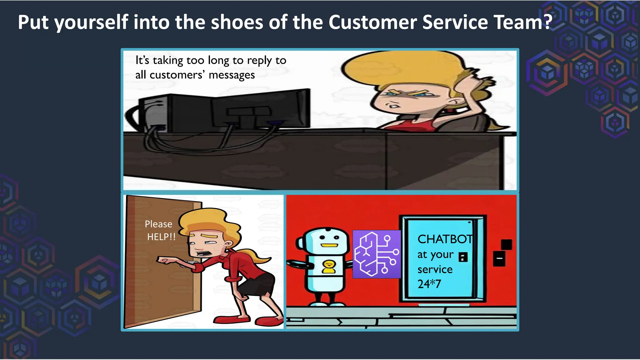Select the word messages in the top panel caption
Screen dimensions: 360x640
(x=232, y=75)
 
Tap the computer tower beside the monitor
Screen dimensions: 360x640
(x=156, y=114)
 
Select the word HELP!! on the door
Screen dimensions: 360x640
(x=161, y=237)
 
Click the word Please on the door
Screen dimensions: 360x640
(x=158, y=224)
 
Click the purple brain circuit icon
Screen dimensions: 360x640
(x=377, y=254)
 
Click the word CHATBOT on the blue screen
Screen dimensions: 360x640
(x=445, y=239)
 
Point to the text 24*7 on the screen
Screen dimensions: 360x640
(x=429, y=284)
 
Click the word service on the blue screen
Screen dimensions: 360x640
(x=435, y=269)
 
